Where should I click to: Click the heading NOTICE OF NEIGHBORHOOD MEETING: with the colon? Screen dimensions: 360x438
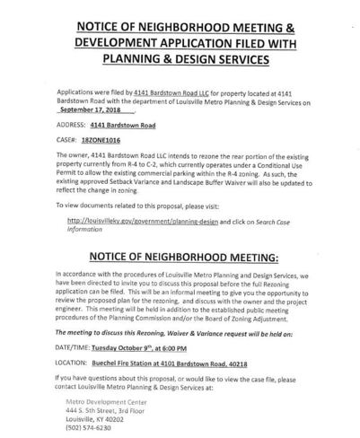[x=180, y=258]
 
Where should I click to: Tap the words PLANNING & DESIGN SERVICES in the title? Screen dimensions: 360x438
[x=180, y=60]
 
